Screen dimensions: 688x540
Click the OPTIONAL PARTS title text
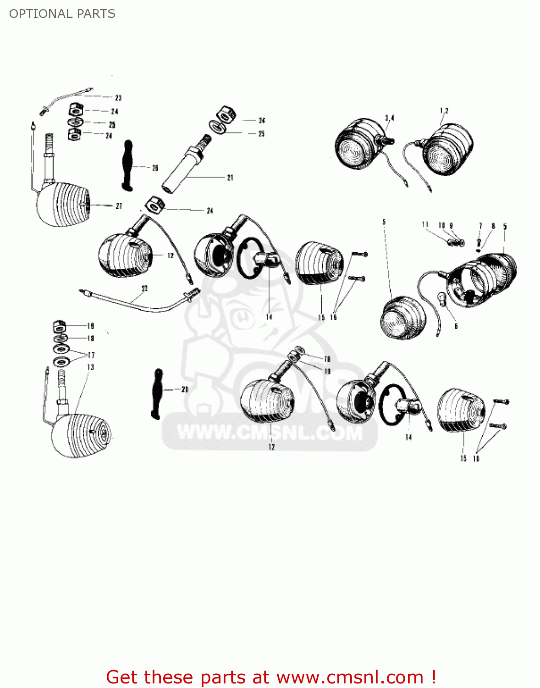coord(62,14)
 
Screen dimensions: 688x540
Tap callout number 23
coord(118,98)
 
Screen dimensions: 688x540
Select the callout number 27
coord(119,206)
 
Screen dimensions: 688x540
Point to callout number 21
coord(230,178)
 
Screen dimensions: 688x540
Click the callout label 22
coord(145,289)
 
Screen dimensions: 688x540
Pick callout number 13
coord(91,367)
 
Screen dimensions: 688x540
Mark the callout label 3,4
coord(390,118)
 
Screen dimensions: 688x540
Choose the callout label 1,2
coord(444,111)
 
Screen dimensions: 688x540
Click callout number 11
coord(425,225)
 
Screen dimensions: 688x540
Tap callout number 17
coord(91,355)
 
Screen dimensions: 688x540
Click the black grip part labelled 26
coord(127,166)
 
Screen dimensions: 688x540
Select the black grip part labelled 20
coord(157,394)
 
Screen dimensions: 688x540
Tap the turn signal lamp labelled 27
coord(62,204)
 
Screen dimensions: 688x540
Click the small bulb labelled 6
coord(443,298)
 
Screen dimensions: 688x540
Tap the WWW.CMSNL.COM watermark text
coord(270,433)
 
